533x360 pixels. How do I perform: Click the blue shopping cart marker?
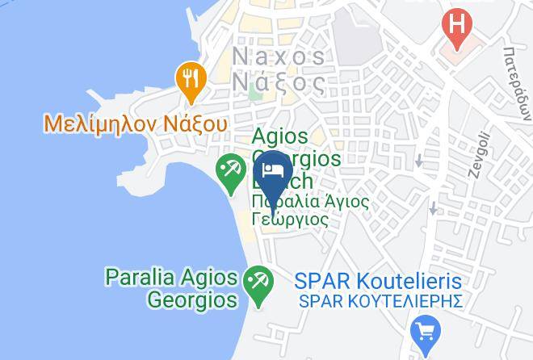tap(424, 331)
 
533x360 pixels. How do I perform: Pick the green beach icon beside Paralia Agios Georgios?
tap(258, 284)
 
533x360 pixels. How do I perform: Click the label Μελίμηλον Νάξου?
tap(136, 124)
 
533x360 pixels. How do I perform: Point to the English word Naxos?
tap(279, 57)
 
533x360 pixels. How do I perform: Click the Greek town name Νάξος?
tap(279, 81)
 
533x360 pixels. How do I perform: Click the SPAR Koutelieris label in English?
tap(378, 282)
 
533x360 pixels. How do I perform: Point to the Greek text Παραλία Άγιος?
tap(309, 202)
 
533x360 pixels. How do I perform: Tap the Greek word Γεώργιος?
tap(289, 220)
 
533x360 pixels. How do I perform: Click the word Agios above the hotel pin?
tap(280, 137)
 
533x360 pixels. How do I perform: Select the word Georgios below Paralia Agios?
tap(192, 300)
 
